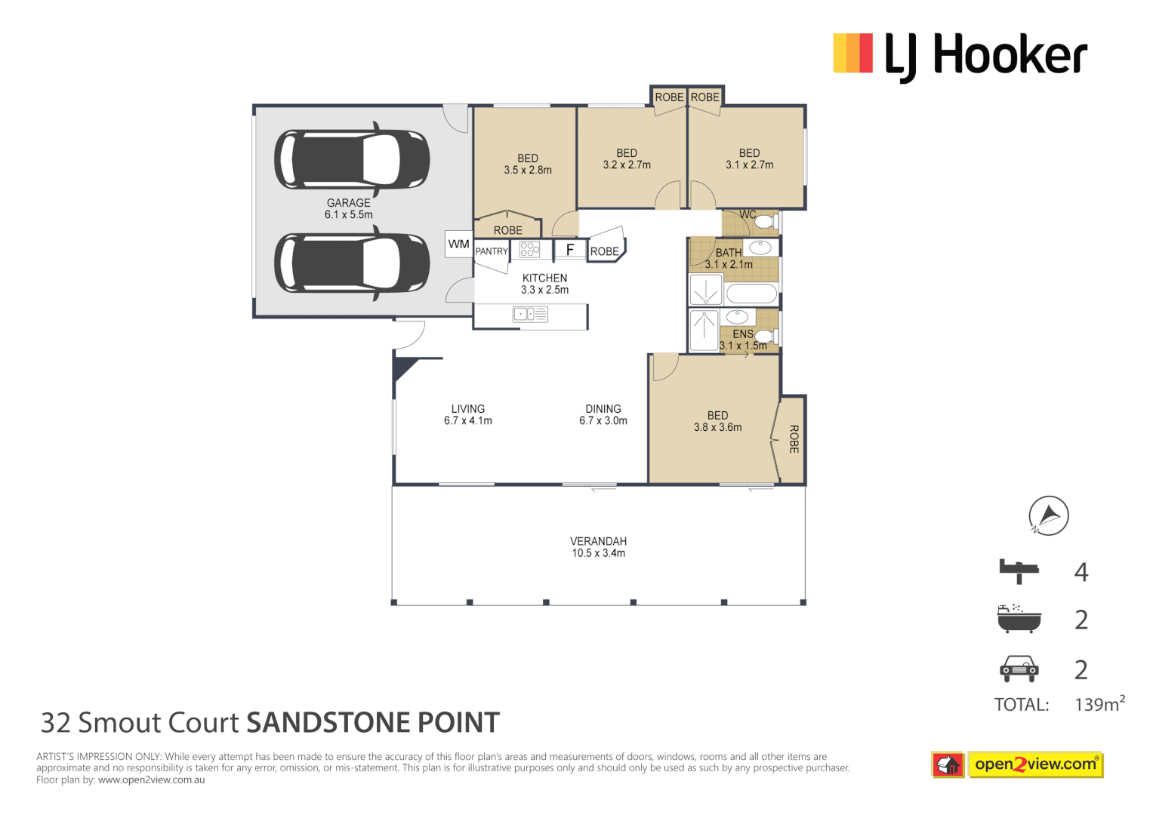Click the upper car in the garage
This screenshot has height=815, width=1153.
(352, 159)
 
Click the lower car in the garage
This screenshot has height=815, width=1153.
(352, 263)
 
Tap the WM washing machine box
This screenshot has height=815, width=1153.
(458, 244)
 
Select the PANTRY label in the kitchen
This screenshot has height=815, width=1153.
(492, 251)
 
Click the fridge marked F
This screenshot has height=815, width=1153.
(570, 250)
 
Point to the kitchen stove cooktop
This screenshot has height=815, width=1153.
(530, 249)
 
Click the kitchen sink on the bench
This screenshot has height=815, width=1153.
(530, 314)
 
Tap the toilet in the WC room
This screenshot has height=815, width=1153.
(766, 222)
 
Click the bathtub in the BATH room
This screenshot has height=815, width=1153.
(751, 294)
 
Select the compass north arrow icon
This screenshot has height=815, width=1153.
(1049, 516)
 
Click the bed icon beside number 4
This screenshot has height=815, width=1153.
(1019, 571)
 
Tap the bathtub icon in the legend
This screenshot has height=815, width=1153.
(1019, 619)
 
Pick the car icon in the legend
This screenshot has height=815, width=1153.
(1019, 668)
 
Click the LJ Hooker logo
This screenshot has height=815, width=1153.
(960, 55)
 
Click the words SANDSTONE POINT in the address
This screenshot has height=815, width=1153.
(373, 723)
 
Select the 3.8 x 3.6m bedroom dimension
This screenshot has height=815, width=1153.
(717, 427)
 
